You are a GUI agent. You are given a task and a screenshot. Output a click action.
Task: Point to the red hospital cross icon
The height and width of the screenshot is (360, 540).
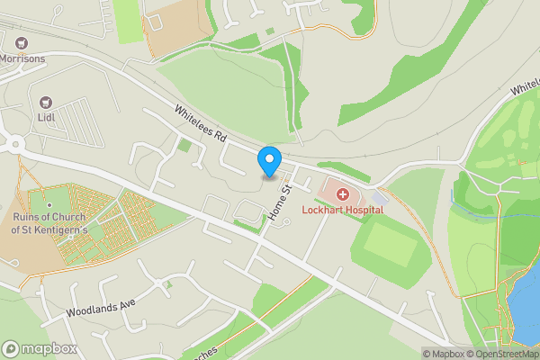coord(343,194)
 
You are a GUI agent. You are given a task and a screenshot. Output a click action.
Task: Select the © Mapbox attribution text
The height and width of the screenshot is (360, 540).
coord(443,354)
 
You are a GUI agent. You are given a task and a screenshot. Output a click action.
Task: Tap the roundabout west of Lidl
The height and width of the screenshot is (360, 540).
coord(12,142)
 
